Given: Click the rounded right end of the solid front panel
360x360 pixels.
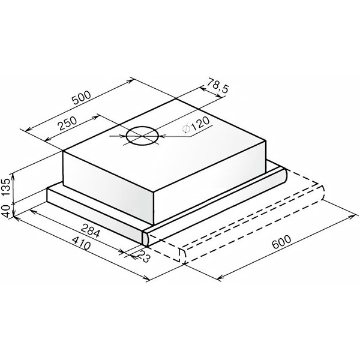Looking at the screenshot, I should coord(145,236).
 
